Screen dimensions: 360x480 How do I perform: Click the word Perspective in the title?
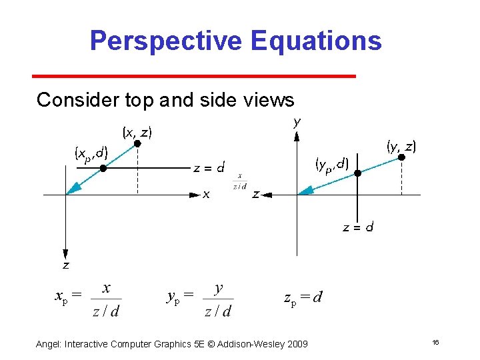[x=167, y=41]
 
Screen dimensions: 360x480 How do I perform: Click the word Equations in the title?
[x=317, y=41]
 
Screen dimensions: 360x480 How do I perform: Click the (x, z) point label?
[x=137, y=132]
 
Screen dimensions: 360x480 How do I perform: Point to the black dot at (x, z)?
[x=137, y=143]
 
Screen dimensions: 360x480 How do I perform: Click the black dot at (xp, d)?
[x=103, y=169]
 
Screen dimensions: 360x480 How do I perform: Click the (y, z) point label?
[x=401, y=145]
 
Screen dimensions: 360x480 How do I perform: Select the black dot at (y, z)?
[x=401, y=157]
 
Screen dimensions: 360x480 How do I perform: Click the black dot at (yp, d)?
[x=357, y=173]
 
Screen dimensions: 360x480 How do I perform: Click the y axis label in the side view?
[x=297, y=122]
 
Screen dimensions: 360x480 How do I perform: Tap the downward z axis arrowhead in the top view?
[x=65, y=253]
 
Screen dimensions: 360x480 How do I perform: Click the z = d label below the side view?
[x=358, y=227]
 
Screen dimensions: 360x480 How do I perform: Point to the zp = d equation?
[x=303, y=297]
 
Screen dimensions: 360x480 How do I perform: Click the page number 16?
[x=435, y=343]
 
